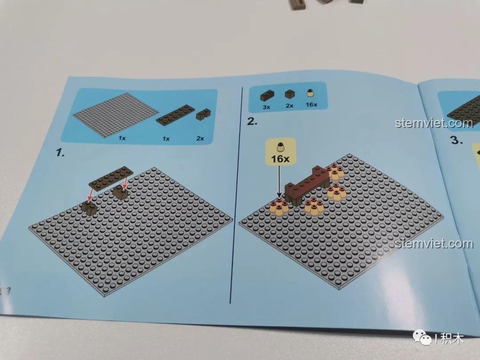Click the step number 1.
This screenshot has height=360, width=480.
click(60, 153)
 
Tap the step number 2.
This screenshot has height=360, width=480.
click(252, 121)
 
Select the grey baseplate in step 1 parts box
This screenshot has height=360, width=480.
click(114, 114)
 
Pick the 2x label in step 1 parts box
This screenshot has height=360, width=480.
click(200, 138)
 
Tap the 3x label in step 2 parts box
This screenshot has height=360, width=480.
click(267, 107)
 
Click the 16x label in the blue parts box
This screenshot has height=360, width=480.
click(312, 104)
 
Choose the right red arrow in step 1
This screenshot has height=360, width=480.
click(126, 182)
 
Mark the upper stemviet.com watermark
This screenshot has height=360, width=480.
click(434, 123)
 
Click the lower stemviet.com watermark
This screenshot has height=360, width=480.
click(434, 244)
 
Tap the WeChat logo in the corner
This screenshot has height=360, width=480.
click(424, 339)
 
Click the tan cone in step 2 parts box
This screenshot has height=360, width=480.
click(312, 94)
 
